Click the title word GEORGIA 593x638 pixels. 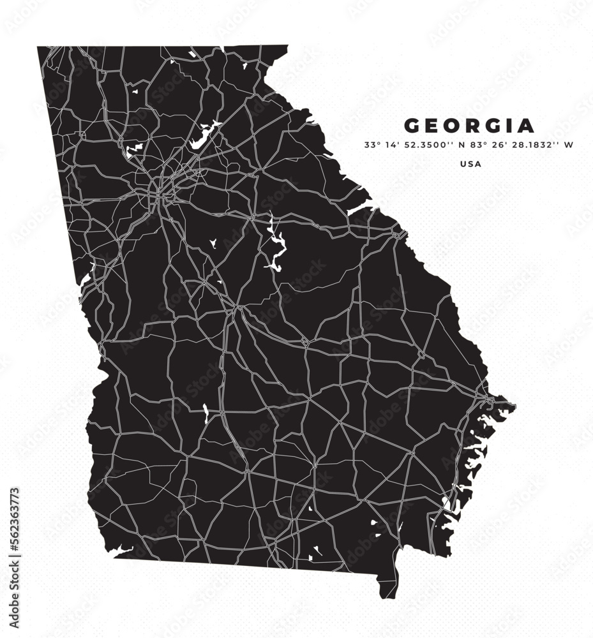coord(469,125)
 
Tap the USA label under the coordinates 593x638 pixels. coord(470,164)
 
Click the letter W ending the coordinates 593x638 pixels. coord(569,145)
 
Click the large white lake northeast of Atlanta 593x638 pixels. coord(203,137)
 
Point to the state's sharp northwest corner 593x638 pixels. coord(38,47)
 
